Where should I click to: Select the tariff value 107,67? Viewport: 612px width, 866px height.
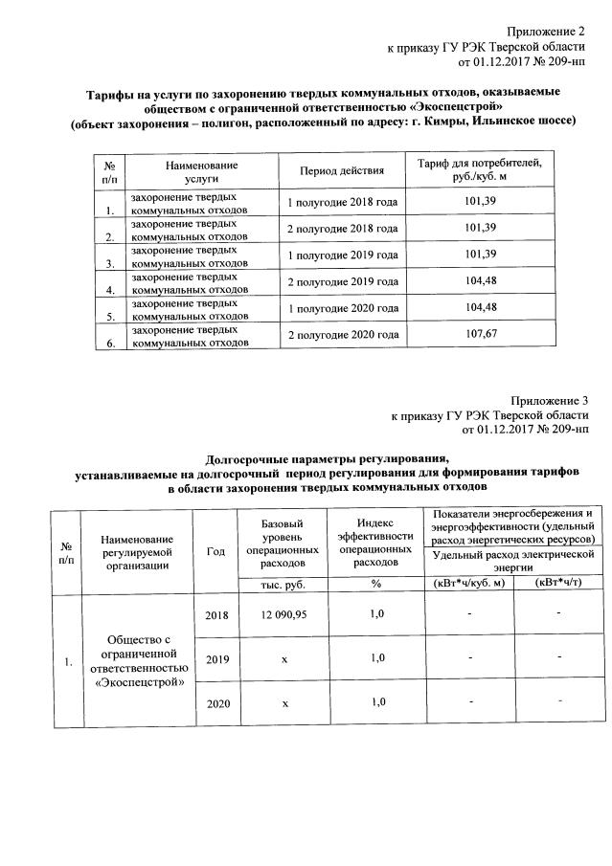(479, 335)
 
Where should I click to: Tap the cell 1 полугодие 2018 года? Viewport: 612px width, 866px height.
(342, 203)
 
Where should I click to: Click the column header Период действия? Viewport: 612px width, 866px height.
(342, 171)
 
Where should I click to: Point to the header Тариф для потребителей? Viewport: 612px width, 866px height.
(479, 165)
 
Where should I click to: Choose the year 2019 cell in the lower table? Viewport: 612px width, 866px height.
(217, 658)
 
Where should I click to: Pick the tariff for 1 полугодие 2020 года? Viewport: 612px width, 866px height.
(479, 308)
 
